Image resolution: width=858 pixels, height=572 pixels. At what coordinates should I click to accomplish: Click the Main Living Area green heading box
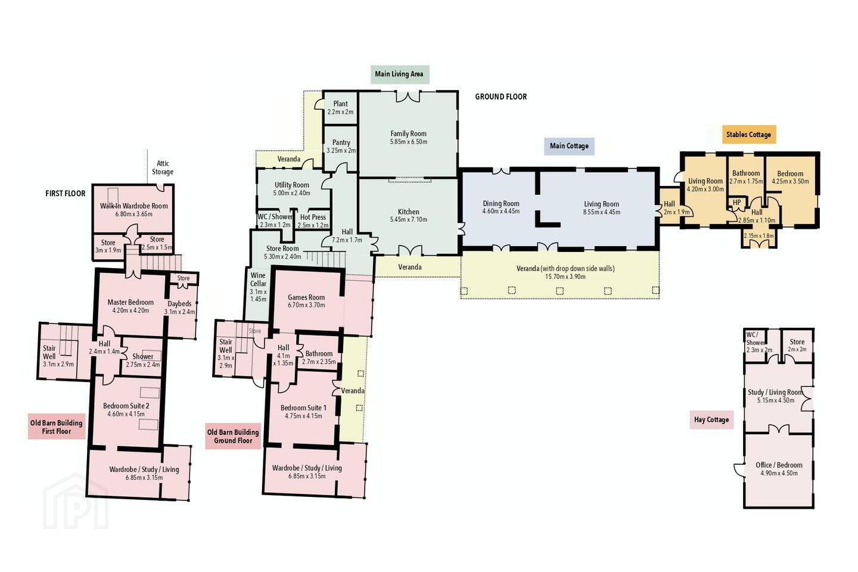[x=399, y=74]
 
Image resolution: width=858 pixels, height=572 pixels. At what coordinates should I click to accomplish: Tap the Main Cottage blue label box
[x=569, y=147]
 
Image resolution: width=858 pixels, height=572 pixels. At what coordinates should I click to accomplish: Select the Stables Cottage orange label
[x=749, y=135]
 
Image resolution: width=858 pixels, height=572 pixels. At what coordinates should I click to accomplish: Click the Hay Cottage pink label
[x=711, y=420]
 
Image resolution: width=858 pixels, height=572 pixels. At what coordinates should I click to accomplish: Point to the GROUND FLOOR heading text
[x=501, y=97]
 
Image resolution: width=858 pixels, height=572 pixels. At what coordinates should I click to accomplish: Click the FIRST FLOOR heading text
[x=66, y=194]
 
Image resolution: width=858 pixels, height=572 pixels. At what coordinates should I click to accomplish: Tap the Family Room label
[x=408, y=133]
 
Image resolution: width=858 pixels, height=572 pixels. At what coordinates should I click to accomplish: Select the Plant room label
[x=341, y=104]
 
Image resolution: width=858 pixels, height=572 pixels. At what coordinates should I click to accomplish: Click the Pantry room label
[x=341, y=142]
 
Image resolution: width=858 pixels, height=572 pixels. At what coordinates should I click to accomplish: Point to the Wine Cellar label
[x=258, y=279]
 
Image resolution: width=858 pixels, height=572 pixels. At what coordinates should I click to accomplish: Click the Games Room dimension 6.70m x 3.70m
[x=306, y=305]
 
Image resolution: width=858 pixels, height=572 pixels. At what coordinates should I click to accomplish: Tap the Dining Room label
[x=501, y=204]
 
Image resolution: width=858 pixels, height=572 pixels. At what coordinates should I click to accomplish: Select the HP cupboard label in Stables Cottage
[x=737, y=203]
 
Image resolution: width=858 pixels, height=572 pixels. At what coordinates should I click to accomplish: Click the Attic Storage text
[x=163, y=168]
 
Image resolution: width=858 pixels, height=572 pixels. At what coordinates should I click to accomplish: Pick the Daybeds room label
[x=179, y=304]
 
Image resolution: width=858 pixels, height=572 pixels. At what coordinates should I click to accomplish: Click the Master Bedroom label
[x=130, y=302]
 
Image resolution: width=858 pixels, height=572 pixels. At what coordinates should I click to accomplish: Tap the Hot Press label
[x=313, y=217]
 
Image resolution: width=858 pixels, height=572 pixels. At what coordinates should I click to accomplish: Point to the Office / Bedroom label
[x=779, y=465]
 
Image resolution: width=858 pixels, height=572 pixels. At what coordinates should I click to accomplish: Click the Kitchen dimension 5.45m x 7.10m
[x=409, y=219]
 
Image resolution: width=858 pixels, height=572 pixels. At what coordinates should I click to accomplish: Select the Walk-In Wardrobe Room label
[x=134, y=206]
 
